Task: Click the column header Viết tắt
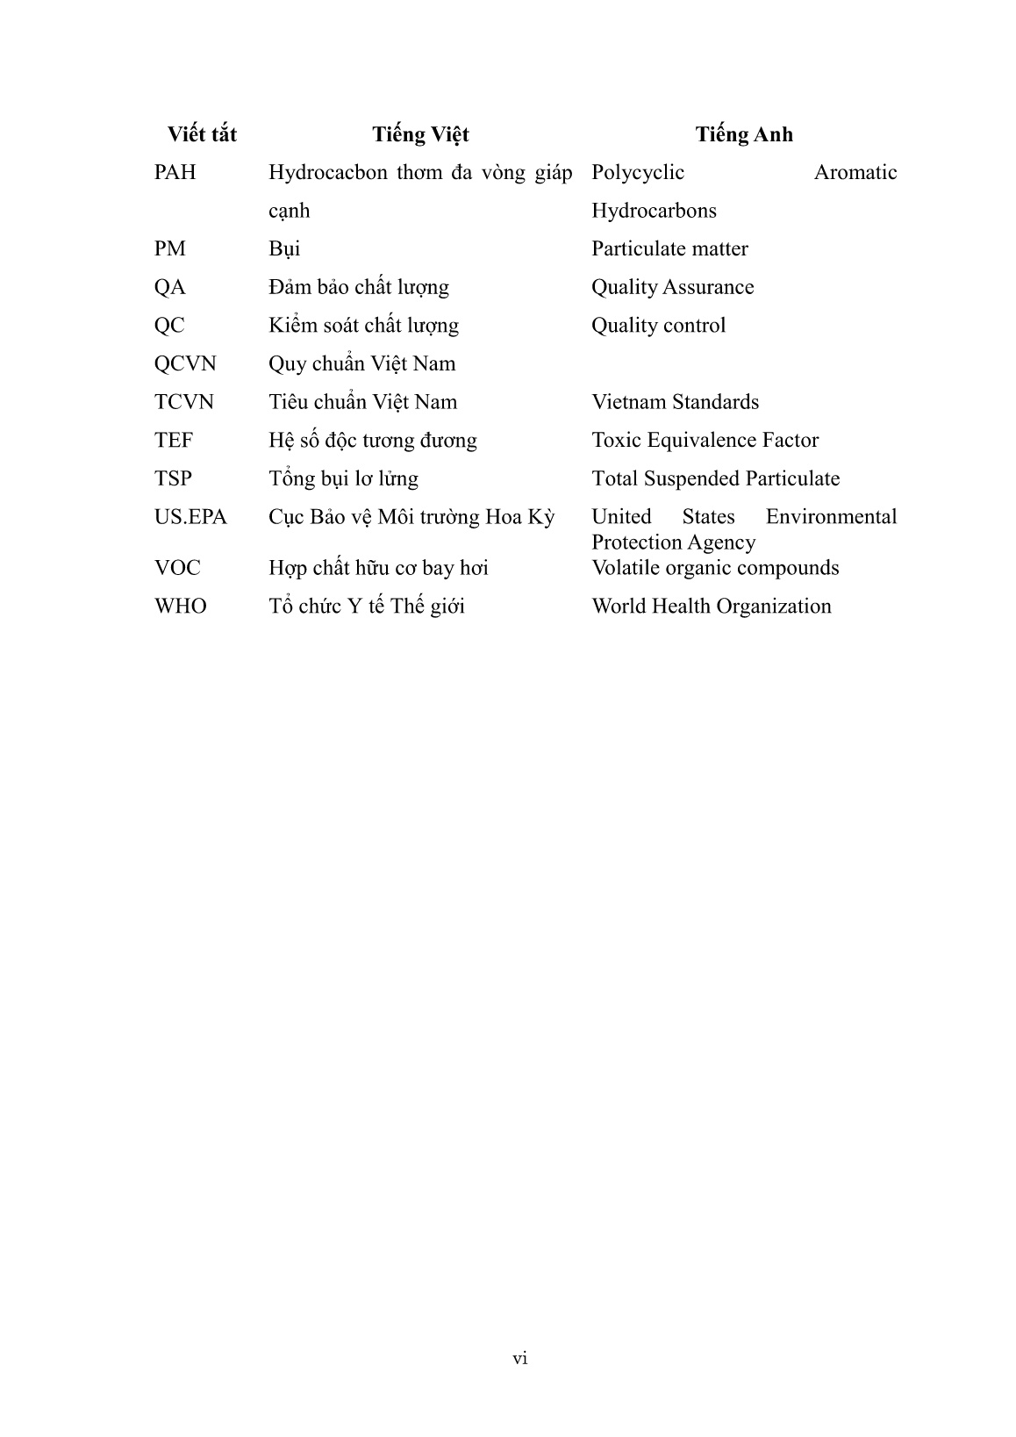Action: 202,134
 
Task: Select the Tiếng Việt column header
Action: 420,134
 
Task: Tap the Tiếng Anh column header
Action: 744,134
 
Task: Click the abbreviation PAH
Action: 175,172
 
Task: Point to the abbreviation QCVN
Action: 185,363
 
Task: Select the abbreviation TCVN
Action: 184,402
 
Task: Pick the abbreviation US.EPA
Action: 190,517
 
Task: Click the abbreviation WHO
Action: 181,607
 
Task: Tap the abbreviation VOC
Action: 177,568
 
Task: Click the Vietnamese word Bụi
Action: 284,249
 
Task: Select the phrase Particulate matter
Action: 669,249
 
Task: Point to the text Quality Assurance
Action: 672,287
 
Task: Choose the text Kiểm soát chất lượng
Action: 363,326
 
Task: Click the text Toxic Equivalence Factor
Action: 705,440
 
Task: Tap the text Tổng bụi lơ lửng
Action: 343,478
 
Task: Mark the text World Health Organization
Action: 712,607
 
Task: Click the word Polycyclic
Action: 638,172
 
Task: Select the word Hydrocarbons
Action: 654,211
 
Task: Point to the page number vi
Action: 520,1359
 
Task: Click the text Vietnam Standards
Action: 675,402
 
